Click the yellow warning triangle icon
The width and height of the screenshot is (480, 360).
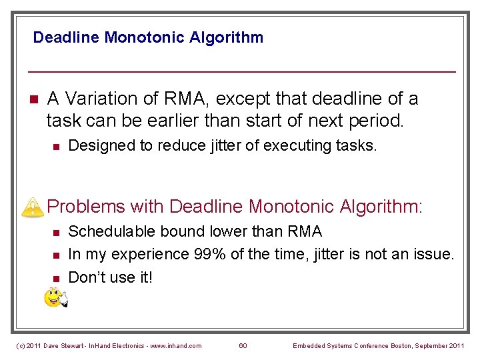[x=31, y=207]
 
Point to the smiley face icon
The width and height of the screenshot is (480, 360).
[x=55, y=297]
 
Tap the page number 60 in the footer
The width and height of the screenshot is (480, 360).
[x=243, y=345]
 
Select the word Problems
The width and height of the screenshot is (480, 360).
[x=85, y=207]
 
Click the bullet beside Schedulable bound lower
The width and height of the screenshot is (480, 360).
[x=56, y=232]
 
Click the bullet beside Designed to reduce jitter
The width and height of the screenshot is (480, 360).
[x=56, y=146]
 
